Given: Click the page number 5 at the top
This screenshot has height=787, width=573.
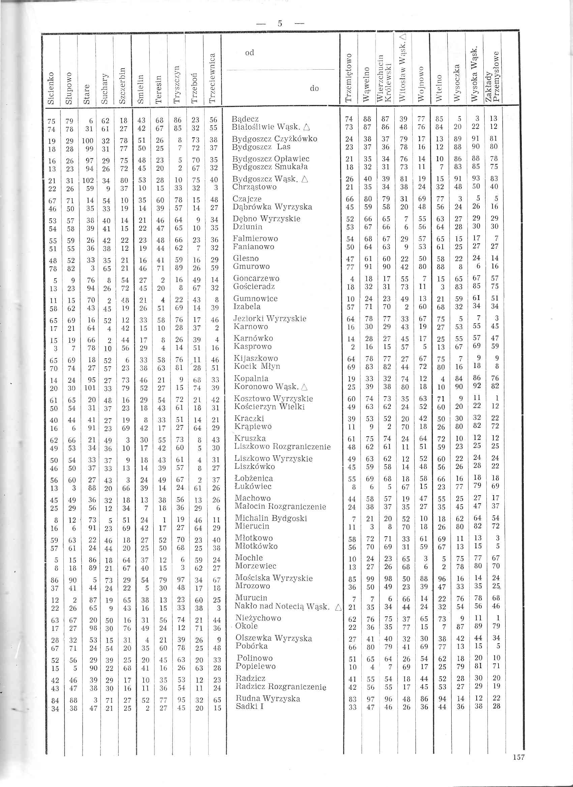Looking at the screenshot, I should (280, 24).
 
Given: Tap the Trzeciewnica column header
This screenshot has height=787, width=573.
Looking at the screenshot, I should (213, 78).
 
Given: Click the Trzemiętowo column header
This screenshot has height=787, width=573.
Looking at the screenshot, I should (349, 78).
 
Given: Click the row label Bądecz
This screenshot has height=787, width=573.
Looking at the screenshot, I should (245, 119).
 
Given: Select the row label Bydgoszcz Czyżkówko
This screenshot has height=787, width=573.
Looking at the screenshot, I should (274, 139).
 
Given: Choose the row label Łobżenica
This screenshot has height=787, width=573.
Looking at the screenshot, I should (254, 479).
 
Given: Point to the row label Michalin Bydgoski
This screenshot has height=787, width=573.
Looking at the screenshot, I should (271, 518).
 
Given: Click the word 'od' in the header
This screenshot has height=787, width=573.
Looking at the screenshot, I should (249, 53).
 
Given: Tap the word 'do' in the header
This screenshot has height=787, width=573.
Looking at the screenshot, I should (314, 89).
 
